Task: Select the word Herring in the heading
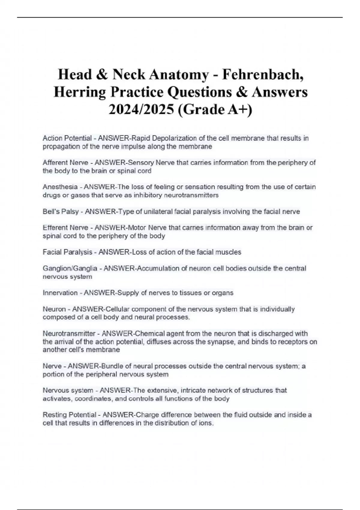click(x=79, y=92)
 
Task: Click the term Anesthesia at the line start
click(x=60, y=187)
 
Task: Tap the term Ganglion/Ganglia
click(x=70, y=268)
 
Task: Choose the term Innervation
click(x=60, y=293)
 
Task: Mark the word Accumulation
click(x=155, y=268)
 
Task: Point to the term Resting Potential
click(x=69, y=415)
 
